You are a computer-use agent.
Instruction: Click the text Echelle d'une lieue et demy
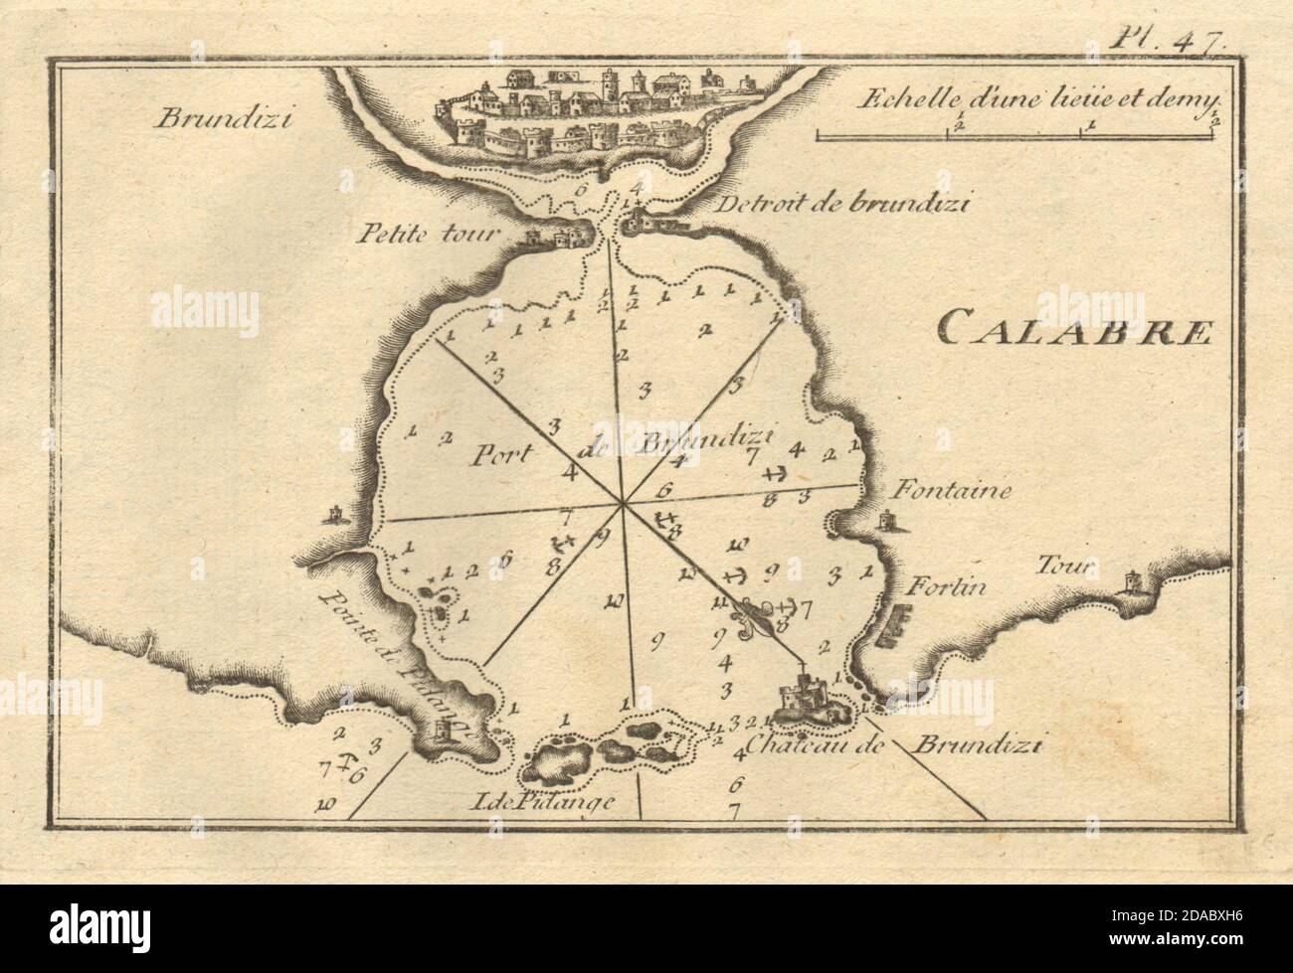coord(1034,96)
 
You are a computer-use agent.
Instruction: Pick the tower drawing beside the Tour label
coord(1133,583)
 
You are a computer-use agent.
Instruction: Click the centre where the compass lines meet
coord(623,504)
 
